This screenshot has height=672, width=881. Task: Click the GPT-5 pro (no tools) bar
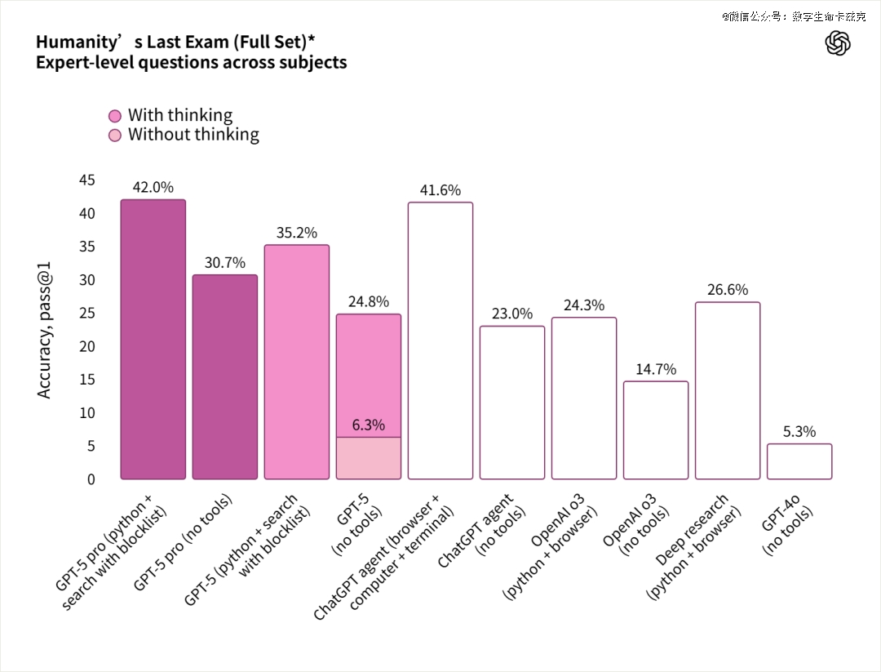(x=224, y=376)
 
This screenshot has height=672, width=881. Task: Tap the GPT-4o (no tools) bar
(x=799, y=461)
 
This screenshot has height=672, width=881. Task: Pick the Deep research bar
(x=728, y=390)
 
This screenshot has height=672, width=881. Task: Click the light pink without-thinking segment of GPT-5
(x=369, y=458)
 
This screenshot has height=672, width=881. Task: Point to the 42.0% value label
(x=153, y=187)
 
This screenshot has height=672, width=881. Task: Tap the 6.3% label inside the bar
(x=369, y=425)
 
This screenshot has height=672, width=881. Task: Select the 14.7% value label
(x=656, y=369)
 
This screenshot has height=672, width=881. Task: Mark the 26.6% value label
(x=728, y=290)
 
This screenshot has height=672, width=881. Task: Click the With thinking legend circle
(x=115, y=116)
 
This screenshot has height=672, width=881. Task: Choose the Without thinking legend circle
(x=115, y=135)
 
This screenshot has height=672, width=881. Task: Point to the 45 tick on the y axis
(x=86, y=180)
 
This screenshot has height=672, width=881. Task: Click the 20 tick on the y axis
(x=86, y=346)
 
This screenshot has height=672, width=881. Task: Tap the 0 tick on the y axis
(x=91, y=479)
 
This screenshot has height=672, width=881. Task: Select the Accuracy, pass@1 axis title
(x=45, y=330)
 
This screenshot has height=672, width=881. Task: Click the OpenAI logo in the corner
(x=838, y=43)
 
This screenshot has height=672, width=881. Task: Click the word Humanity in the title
(x=74, y=42)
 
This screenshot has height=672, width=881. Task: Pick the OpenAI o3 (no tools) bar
(x=656, y=430)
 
